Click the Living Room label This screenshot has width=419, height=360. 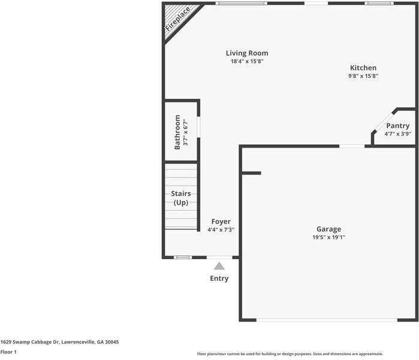coord(247,53)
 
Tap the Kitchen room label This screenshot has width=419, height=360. coord(363,68)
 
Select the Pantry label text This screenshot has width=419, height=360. coord(397,125)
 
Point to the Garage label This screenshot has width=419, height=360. coord(328,229)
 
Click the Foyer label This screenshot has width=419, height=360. coord(221,221)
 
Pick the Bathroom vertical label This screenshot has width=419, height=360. coord(177,132)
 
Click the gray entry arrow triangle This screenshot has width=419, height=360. coord(219,266)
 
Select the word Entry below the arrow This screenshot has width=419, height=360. coord(219,278)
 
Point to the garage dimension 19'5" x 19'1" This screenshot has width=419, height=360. coord(328,238)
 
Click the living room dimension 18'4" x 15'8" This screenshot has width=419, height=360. coord(247,61)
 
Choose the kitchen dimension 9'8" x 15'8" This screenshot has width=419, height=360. coord(363,76)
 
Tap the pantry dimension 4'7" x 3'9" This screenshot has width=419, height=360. coord(397,134)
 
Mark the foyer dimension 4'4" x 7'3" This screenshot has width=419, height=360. coord(221,230)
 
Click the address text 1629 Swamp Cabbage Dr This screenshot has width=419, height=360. coord(59,341)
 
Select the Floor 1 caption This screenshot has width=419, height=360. coord(8,352)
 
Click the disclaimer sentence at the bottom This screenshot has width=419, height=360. coord(290,354)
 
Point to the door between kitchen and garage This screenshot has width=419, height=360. coord(352,146)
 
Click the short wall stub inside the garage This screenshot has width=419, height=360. coord(252,173)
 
